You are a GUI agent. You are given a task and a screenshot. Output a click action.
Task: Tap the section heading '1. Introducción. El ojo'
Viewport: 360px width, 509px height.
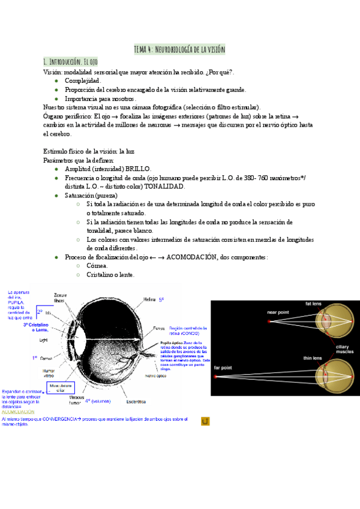pos(71,62)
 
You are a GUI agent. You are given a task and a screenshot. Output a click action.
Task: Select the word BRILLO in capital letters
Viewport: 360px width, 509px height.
pos(137,169)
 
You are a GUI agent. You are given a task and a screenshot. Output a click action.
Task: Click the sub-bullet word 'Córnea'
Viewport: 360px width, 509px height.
pos(97,265)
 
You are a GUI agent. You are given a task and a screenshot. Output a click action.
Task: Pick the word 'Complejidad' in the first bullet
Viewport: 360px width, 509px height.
pos(82,80)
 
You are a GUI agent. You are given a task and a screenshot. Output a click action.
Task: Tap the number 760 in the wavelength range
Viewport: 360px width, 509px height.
pos(260,178)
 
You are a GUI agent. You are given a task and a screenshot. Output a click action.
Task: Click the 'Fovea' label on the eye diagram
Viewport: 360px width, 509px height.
pos(158,329)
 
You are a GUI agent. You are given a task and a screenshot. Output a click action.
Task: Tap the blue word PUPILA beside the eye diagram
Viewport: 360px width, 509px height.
pos(16,303)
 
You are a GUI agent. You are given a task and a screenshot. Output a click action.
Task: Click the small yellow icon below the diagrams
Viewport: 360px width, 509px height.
pos(205,422)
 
